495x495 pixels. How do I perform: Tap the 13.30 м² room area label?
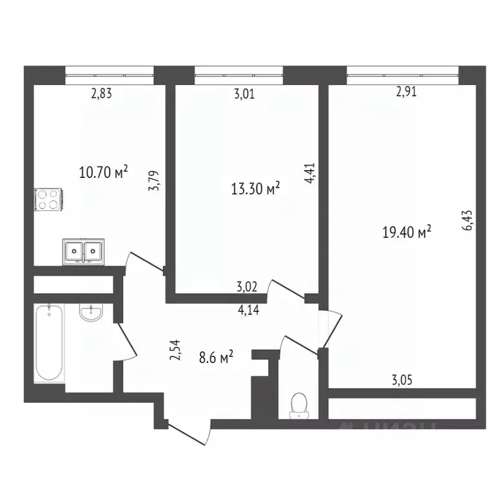click(x=255, y=188)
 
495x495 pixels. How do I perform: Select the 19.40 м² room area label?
click(x=407, y=232)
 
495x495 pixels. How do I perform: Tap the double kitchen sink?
click(x=84, y=250)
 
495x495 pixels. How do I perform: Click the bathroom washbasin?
click(x=90, y=313)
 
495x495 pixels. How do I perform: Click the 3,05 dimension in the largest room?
click(x=402, y=380)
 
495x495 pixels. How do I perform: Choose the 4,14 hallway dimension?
click(x=249, y=310)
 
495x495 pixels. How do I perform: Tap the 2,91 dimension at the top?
click(x=406, y=92)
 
